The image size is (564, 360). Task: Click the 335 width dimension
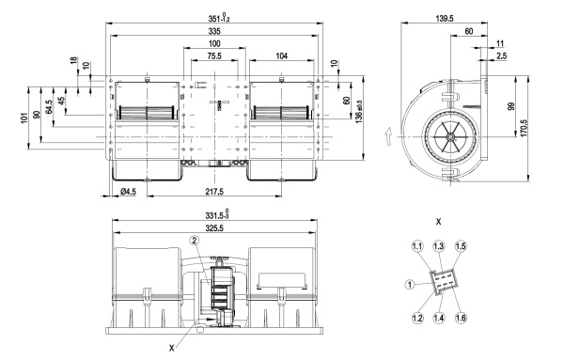coord(214,31)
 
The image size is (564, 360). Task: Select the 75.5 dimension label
coord(214,56)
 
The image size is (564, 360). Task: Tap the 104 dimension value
coord(282,56)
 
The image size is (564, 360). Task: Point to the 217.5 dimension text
coord(214,192)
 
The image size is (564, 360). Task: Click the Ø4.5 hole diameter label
coord(129,192)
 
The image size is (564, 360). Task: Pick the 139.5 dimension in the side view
coord(445,19)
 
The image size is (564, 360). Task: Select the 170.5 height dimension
coord(524,128)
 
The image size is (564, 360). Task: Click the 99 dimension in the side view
coord(511,106)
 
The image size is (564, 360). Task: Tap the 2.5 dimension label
coord(501,55)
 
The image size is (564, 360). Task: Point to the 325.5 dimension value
coord(214,228)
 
